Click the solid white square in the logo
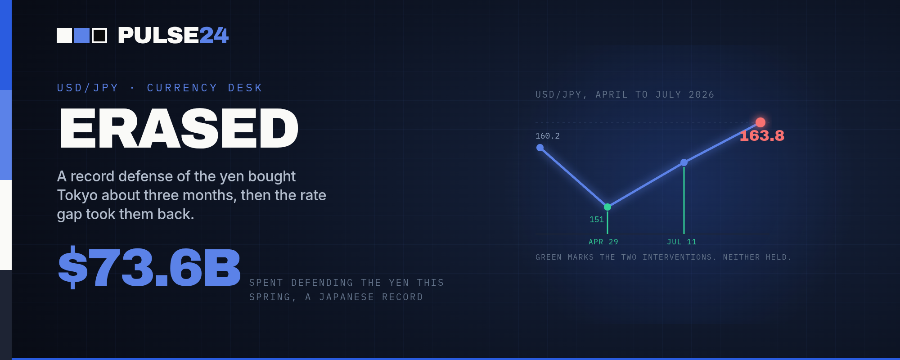click(x=64, y=36)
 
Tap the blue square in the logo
click(x=82, y=36)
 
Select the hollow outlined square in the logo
click(x=99, y=36)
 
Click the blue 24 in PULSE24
click(x=214, y=36)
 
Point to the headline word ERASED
click(x=179, y=128)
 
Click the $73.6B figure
click(x=149, y=268)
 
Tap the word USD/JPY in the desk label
click(x=88, y=88)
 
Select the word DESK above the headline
click(x=245, y=88)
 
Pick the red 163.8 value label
click(x=762, y=135)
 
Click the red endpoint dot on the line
click(x=760, y=122)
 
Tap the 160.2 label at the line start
click(x=548, y=136)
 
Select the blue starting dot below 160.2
click(x=540, y=148)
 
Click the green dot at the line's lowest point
click(x=607, y=207)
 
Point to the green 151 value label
click(x=597, y=220)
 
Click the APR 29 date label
click(x=603, y=242)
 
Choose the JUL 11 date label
click(x=682, y=242)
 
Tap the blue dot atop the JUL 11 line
click(x=684, y=162)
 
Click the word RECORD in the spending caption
click(x=403, y=297)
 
